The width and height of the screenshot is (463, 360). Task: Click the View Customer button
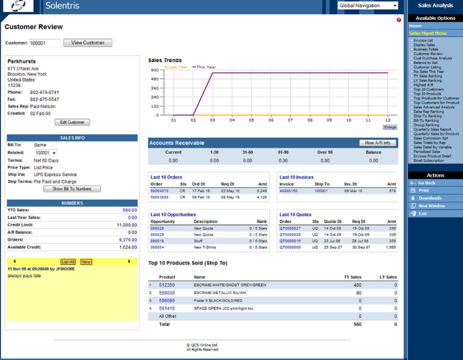point(88,43)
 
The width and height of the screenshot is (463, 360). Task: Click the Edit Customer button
point(72,122)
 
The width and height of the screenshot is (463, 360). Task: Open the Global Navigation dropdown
point(368,6)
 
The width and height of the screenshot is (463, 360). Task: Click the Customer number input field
point(45,43)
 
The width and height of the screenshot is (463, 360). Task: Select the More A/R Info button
point(377,143)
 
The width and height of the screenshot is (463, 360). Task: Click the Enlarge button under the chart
point(390,127)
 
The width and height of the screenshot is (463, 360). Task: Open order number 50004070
point(159,191)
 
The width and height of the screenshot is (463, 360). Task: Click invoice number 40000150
point(288,191)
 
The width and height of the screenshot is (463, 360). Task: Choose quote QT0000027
point(290,228)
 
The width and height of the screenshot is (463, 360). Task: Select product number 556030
point(167,293)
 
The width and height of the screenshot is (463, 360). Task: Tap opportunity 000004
point(157,248)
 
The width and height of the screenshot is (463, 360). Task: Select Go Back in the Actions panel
point(427,183)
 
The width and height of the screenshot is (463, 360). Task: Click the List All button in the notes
point(68,262)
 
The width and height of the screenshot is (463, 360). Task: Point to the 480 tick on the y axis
point(156,78)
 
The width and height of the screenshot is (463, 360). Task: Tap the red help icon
point(399,20)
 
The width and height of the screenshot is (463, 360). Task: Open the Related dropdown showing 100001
point(46,153)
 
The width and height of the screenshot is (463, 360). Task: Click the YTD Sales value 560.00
point(130,210)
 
